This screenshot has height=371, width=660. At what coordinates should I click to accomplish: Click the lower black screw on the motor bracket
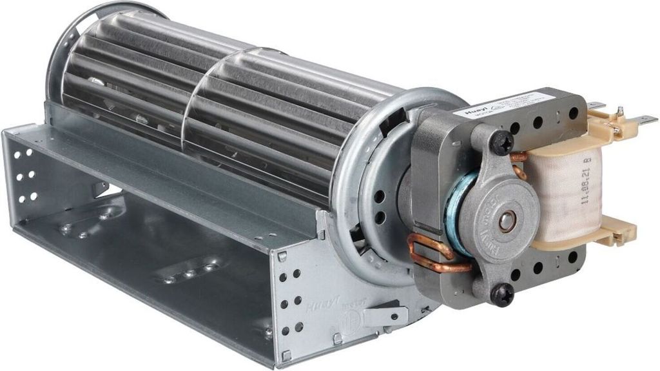click(501, 294)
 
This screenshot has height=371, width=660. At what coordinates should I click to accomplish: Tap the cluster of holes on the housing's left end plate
click(26, 174)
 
